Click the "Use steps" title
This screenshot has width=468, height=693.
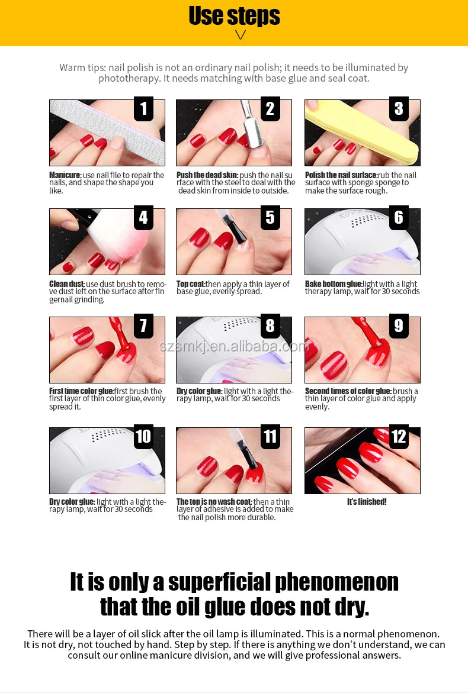tap(234, 15)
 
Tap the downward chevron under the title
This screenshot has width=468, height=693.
tap(240, 35)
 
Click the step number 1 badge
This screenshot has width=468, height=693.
tap(143, 109)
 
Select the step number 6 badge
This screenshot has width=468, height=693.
tap(399, 217)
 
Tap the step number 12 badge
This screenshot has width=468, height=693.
tap(399, 437)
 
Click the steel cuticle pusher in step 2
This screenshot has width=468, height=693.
tap(251, 126)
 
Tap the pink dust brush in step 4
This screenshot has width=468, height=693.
tap(104, 238)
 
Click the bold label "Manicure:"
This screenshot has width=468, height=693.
tap(65, 175)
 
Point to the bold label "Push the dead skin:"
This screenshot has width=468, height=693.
tap(207, 175)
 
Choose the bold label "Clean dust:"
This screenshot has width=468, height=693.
tap(67, 283)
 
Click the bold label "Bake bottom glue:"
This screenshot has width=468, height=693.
tap(334, 283)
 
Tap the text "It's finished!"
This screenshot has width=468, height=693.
tap(367, 502)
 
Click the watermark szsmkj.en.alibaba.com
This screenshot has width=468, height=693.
tap(234, 346)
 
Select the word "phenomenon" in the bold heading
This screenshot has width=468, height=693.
tap(336, 582)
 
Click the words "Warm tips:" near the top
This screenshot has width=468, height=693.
tap(83, 67)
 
